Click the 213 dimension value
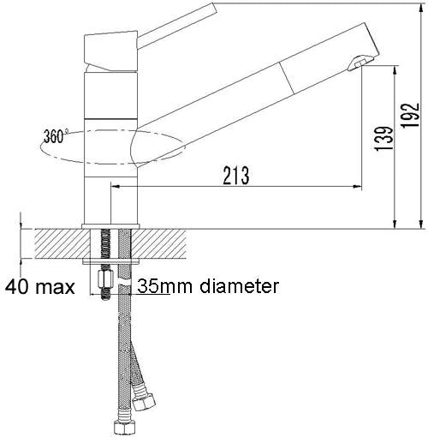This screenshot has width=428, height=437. tap(235, 175)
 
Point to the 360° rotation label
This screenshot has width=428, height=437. tap(52, 135)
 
